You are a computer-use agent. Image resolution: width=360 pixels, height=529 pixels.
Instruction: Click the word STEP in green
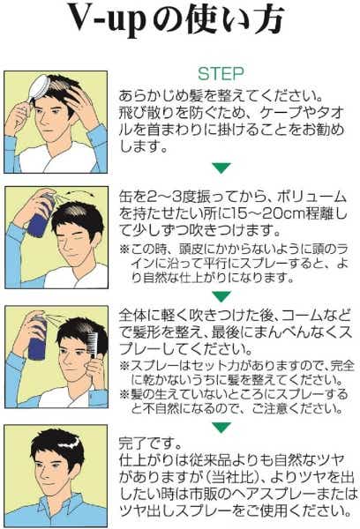[x=221, y=74]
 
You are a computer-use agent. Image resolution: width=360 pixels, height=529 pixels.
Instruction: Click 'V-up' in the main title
[x=107, y=20]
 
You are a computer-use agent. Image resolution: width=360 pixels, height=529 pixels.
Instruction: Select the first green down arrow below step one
[x=221, y=168]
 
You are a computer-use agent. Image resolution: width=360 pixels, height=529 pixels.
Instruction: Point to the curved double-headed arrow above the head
[x=80, y=194]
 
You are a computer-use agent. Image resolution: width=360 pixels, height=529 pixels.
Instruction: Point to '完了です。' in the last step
[x=151, y=443]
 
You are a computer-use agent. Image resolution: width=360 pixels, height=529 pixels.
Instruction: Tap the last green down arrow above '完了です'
[x=221, y=427]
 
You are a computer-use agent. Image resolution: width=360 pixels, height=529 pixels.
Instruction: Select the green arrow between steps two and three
[x=221, y=296]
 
